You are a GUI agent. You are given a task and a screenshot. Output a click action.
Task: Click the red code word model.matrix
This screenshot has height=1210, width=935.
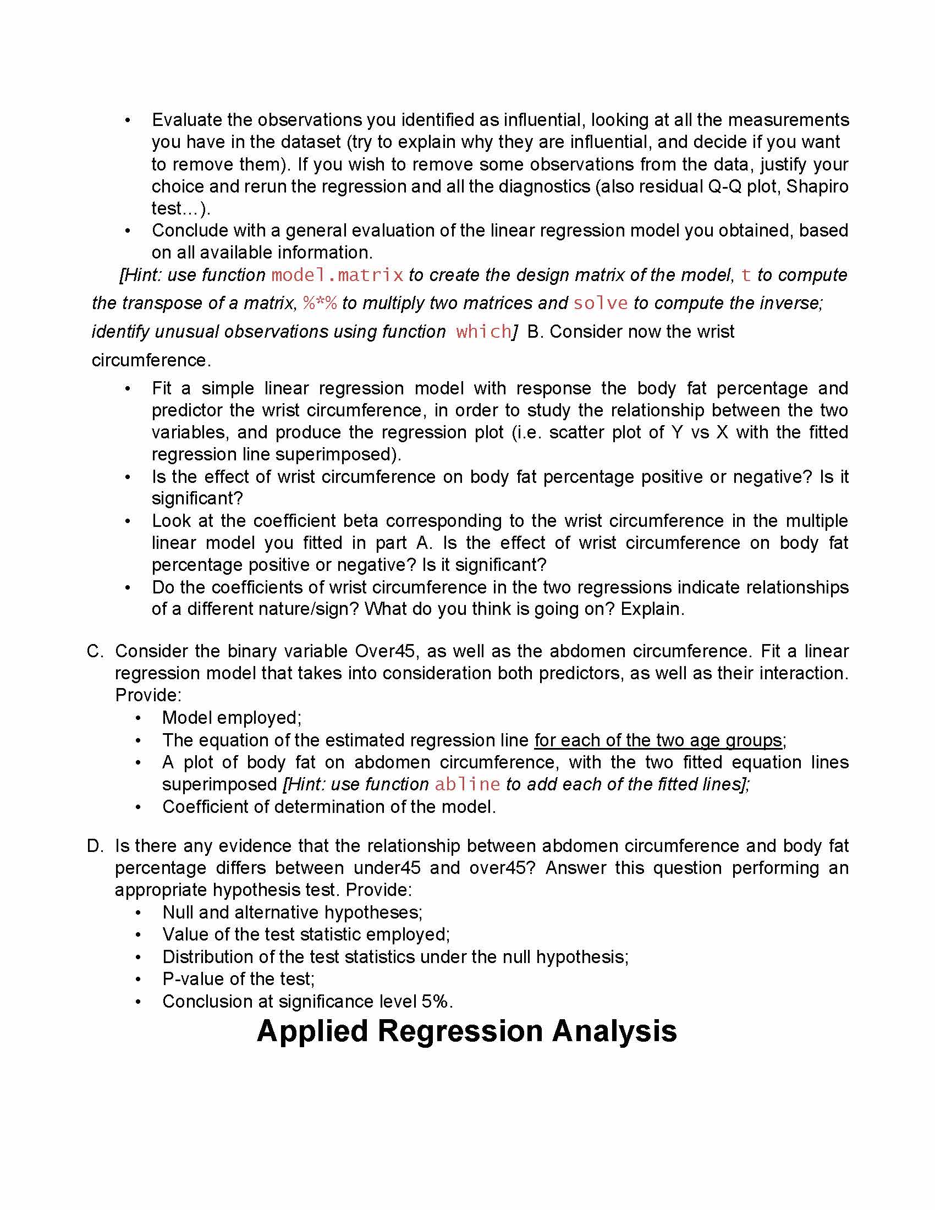tap(337, 276)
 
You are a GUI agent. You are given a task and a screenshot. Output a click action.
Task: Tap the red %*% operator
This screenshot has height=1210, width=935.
tap(320, 303)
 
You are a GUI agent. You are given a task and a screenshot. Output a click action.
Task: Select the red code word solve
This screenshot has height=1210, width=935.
tap(601, 303)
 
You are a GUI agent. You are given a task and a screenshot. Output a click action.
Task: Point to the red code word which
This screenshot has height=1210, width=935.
tap(483, 332)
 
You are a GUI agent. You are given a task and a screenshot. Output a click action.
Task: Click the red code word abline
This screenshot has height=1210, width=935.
tap(467, 784)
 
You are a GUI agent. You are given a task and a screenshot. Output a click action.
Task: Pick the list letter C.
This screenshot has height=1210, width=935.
tap(94, 651)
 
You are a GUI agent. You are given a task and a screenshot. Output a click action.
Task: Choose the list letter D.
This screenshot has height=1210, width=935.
tap(94, 846)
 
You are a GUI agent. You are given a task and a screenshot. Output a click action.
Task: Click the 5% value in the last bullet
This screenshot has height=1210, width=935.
tap(436, 1002)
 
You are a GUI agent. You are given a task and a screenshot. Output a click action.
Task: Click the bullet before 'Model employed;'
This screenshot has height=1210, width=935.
tap(139, 718)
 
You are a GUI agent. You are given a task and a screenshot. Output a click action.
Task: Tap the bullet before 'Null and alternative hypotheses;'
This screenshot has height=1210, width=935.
tap(139, 912)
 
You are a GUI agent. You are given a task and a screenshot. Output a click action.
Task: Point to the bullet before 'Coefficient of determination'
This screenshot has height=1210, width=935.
tap(139, 807)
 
